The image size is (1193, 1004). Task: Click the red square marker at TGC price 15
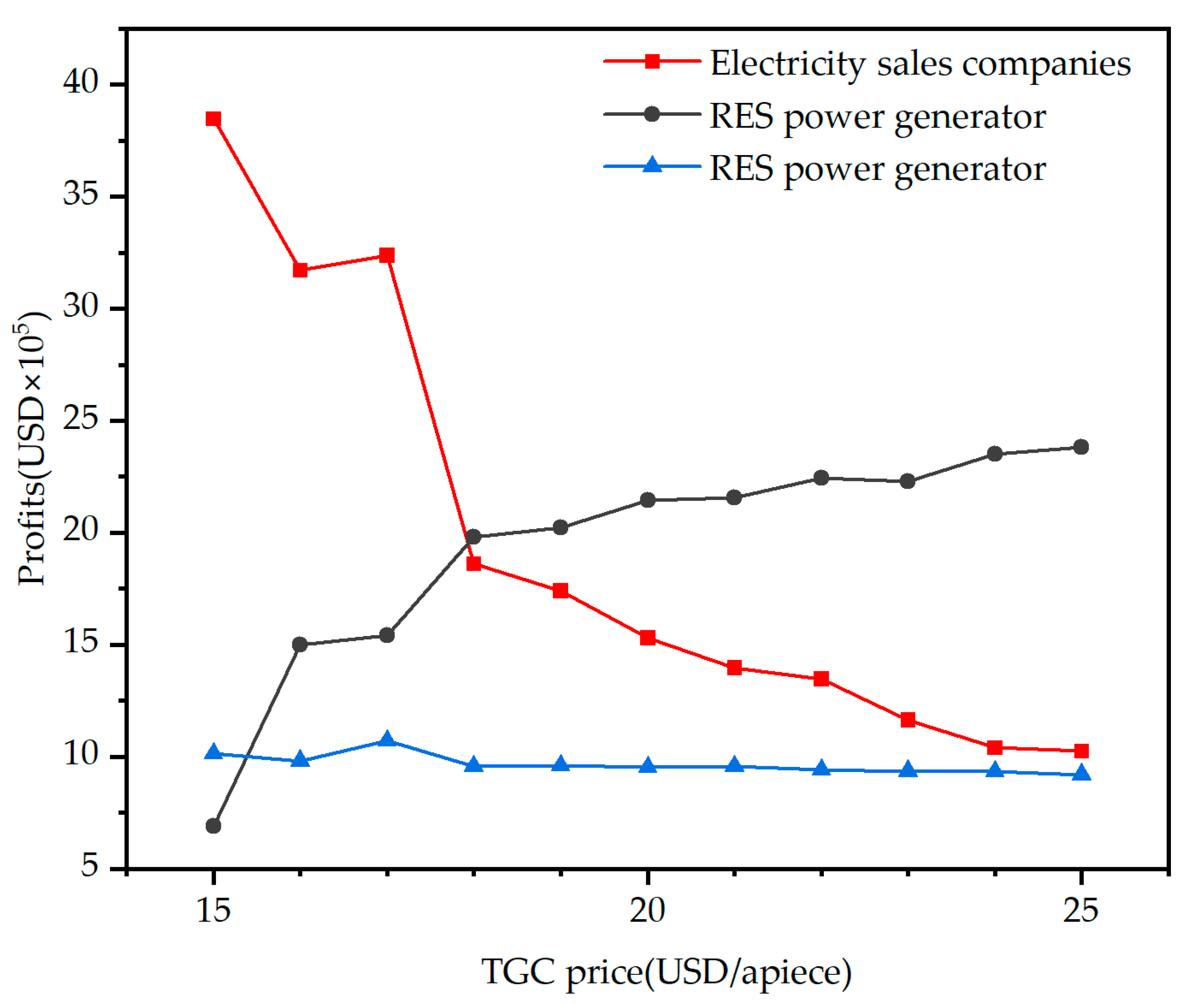click(213, 119)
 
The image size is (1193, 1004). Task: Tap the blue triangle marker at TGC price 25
click(1081, 774)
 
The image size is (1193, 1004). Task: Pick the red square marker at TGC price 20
click(647, 637)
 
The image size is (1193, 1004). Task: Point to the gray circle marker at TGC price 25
click(1081, 447)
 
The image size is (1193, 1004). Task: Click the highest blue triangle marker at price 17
click(387, 740)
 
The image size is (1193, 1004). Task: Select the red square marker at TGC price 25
click(1081, 751)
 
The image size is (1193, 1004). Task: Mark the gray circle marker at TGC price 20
click(647, 500)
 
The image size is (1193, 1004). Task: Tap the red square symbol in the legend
click(652, 61)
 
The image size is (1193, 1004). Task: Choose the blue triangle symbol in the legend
click(652, 166)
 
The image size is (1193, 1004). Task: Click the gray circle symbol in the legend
click(652, 114)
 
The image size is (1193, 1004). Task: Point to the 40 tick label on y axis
click(81, 83)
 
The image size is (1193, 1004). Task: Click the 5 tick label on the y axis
click(90, 866)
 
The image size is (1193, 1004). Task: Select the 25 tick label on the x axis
click(1080, 909)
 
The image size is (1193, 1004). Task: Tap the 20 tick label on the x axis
click(647, 909)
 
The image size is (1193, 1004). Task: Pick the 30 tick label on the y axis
click(81, 307)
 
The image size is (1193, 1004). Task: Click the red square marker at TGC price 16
click(300, 270)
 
